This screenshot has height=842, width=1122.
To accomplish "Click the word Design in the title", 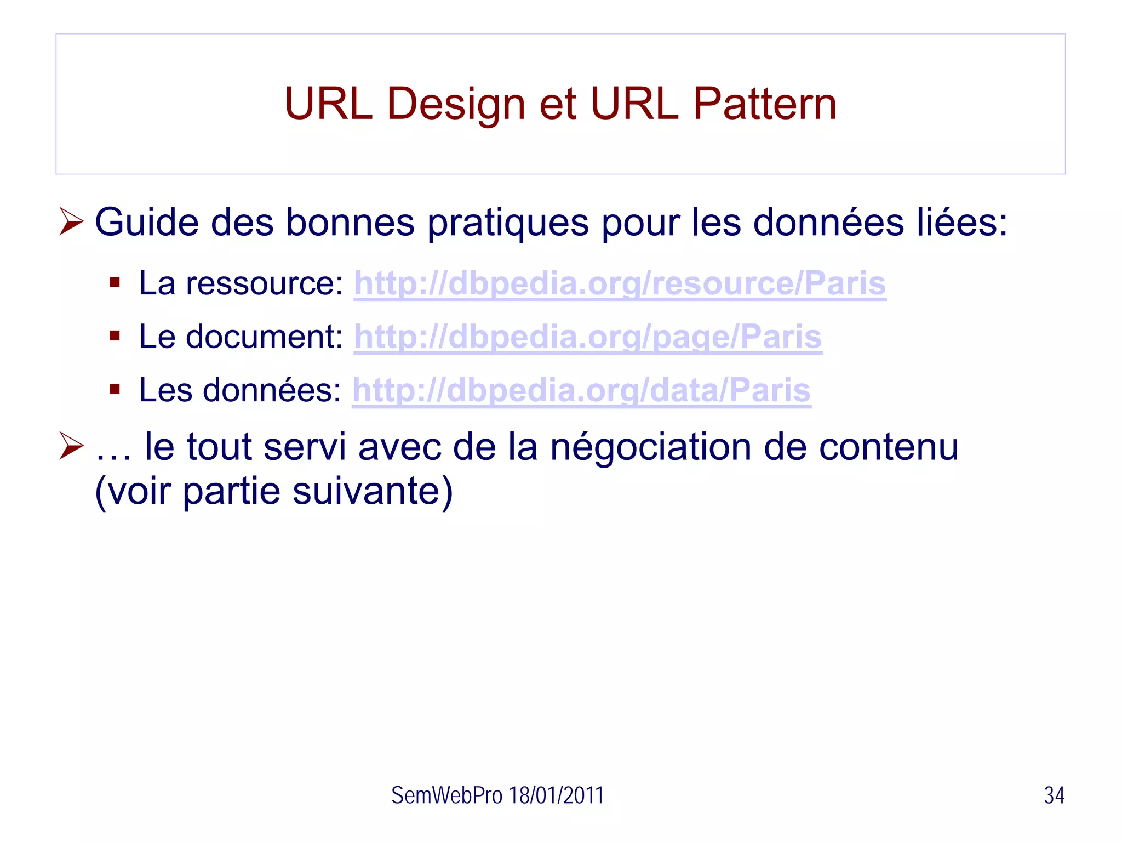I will [456, 104].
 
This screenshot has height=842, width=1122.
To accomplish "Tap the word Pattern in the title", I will [765, 104].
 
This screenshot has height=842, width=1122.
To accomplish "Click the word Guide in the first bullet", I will [146, 223].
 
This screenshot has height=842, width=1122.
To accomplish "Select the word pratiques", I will [507, 224].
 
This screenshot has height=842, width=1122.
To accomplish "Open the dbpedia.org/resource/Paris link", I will [620, 284].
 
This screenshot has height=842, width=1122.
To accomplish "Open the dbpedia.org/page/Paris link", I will [587, 337].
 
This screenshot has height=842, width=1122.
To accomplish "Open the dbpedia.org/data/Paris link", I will [581, 391].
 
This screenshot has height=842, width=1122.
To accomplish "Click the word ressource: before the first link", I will [264, 284].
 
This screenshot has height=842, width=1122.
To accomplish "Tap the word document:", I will [264, 337].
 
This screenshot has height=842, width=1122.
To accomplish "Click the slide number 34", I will [1054, 795].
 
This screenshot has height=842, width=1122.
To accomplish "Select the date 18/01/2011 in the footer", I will [556, 795].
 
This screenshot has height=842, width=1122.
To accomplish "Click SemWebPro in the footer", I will [446, 795].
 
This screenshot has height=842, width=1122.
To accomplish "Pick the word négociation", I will [650, 447].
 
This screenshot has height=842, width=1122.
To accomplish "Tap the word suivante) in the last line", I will [373, 491].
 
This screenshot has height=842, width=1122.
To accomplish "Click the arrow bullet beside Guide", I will [71, 222].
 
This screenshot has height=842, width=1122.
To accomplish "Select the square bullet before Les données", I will [115, 390].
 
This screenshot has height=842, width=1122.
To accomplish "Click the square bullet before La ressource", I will [115, 283].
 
